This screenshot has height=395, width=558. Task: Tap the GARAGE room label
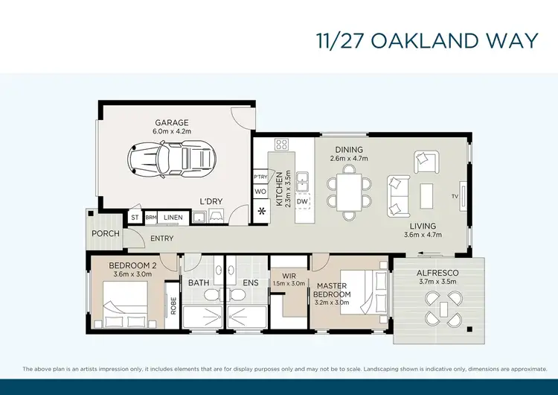tap(172, 122)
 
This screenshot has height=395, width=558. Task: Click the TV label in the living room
tap(454, 197)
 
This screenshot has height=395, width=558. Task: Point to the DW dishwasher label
tap(302, 202)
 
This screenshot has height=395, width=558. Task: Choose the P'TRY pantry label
tap(260, 177)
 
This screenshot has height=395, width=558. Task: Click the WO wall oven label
tap(260, 192)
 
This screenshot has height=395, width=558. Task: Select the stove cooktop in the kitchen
tap(282, 145)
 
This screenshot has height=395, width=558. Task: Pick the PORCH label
tap(106, 233)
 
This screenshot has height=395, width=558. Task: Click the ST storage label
tap(135, 218)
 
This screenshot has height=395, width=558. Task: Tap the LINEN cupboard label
tap(173, 218)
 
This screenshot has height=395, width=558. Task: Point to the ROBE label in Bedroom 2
tap(173, 306)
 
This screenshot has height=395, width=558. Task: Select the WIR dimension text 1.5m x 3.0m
tap(289, 283)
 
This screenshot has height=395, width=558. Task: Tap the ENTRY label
tap(161, 238)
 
